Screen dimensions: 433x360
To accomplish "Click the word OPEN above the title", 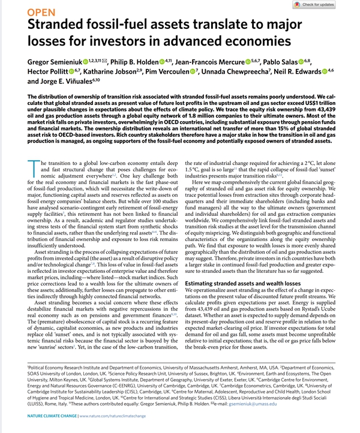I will click(x=41, y=11).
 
